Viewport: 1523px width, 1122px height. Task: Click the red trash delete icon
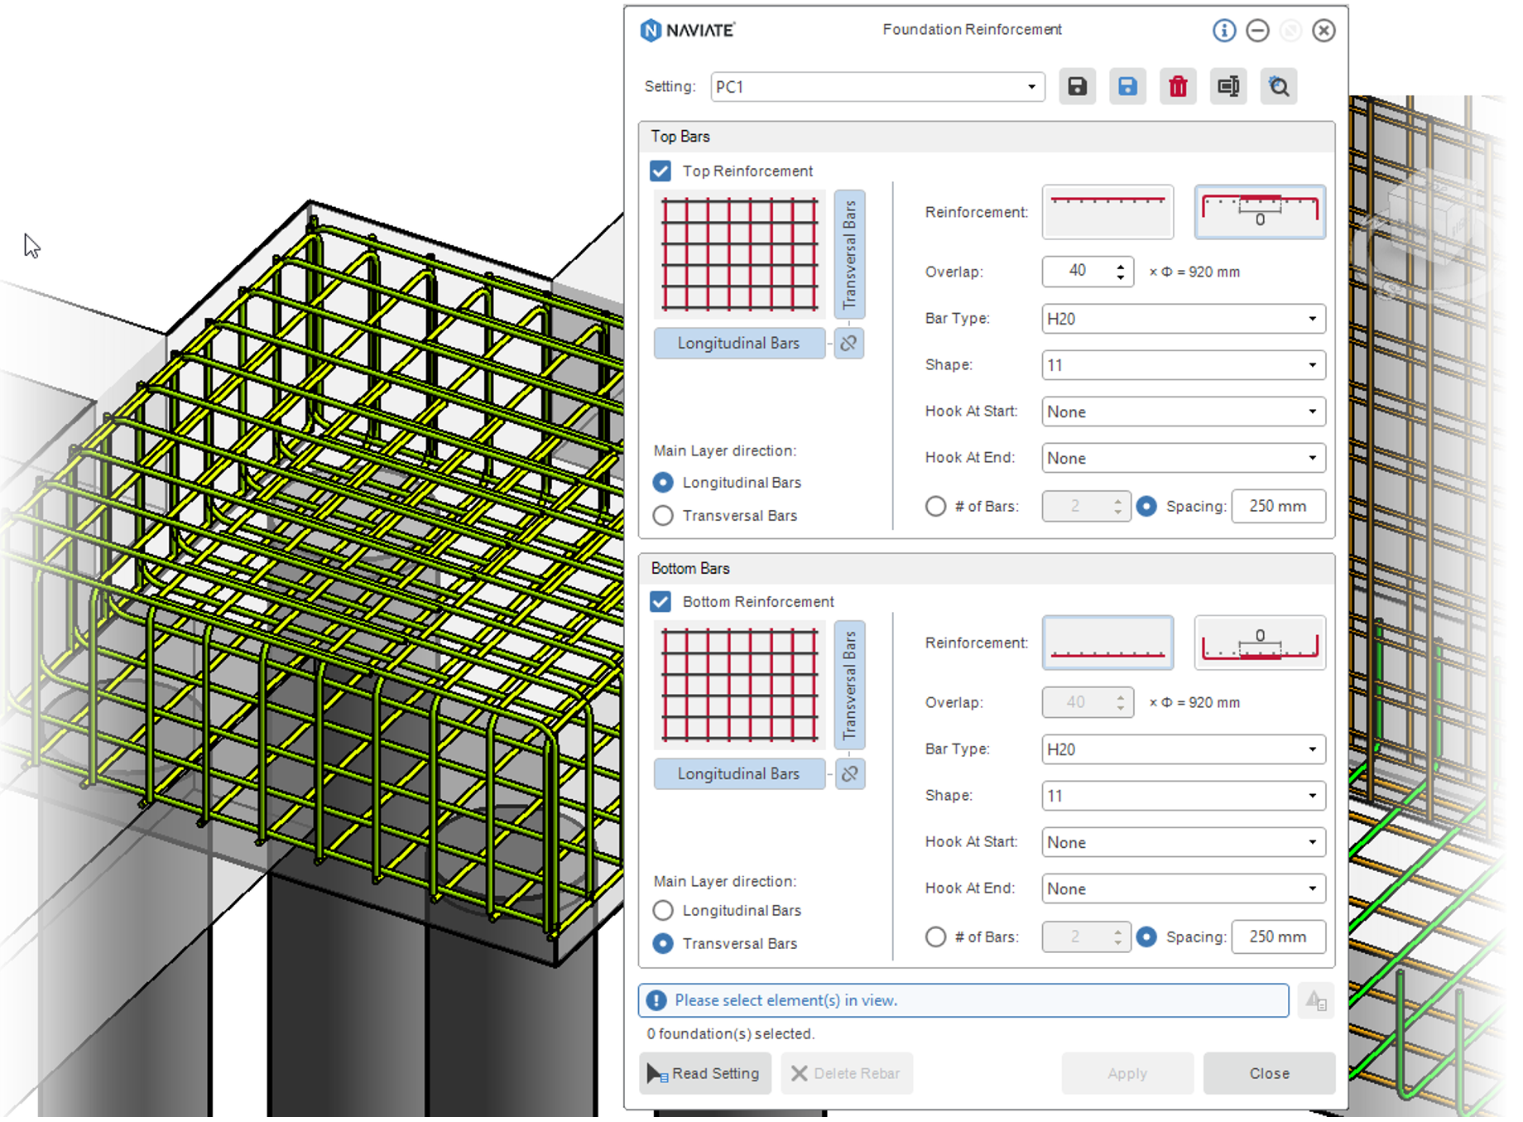[1177, 86]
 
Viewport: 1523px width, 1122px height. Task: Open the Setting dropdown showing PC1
[877, 87]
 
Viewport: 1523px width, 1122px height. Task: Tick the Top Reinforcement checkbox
[661, 171]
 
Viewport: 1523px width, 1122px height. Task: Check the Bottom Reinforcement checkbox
[661, 602]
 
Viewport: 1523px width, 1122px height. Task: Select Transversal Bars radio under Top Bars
[663, 516]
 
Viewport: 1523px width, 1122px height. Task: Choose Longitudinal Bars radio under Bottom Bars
[663, 911]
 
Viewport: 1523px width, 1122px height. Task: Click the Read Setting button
[705, 1074]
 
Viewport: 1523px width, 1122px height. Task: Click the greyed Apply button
[1127, 1074]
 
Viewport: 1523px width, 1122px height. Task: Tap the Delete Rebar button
[846, 1074]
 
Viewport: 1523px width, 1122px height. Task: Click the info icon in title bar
[1224, 31]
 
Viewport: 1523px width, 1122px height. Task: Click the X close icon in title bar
[1324, 31]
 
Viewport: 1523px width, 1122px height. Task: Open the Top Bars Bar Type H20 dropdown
[1183, 319]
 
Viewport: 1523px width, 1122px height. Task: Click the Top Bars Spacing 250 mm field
[1277, 506]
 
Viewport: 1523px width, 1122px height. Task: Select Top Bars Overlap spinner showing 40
[1087, 272]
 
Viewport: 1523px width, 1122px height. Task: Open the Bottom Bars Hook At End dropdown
[1183, 888]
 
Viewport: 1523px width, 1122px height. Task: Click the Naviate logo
[688, 31]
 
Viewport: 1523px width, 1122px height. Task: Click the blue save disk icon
[1127, 86]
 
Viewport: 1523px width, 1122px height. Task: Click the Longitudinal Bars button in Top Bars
[738, 344]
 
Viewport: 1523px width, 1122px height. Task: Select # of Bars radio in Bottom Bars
[935, 937]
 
